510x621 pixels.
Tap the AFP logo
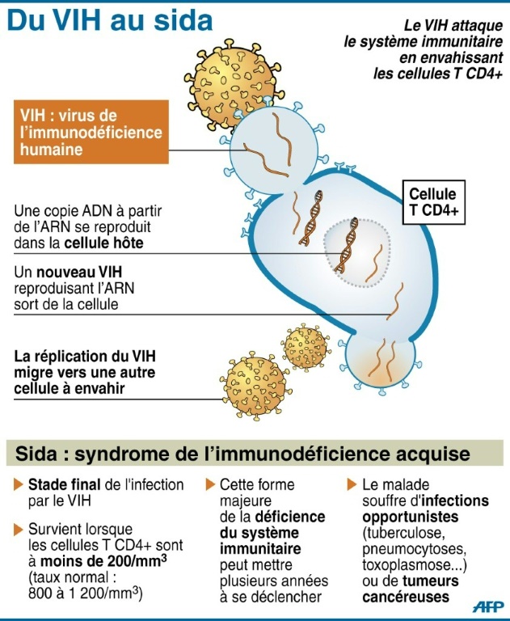488,609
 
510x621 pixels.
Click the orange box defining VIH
91,133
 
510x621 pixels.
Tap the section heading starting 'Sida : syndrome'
242,452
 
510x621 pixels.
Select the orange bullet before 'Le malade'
352,485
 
